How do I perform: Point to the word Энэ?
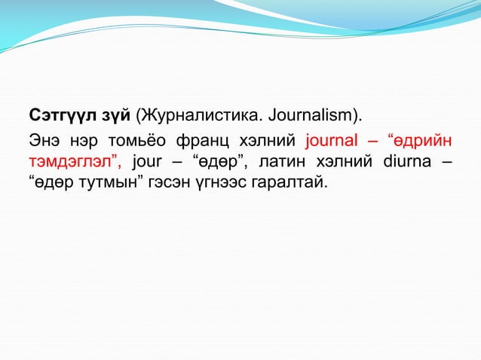pos(43,140)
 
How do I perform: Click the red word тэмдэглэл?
pos(75,160)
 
